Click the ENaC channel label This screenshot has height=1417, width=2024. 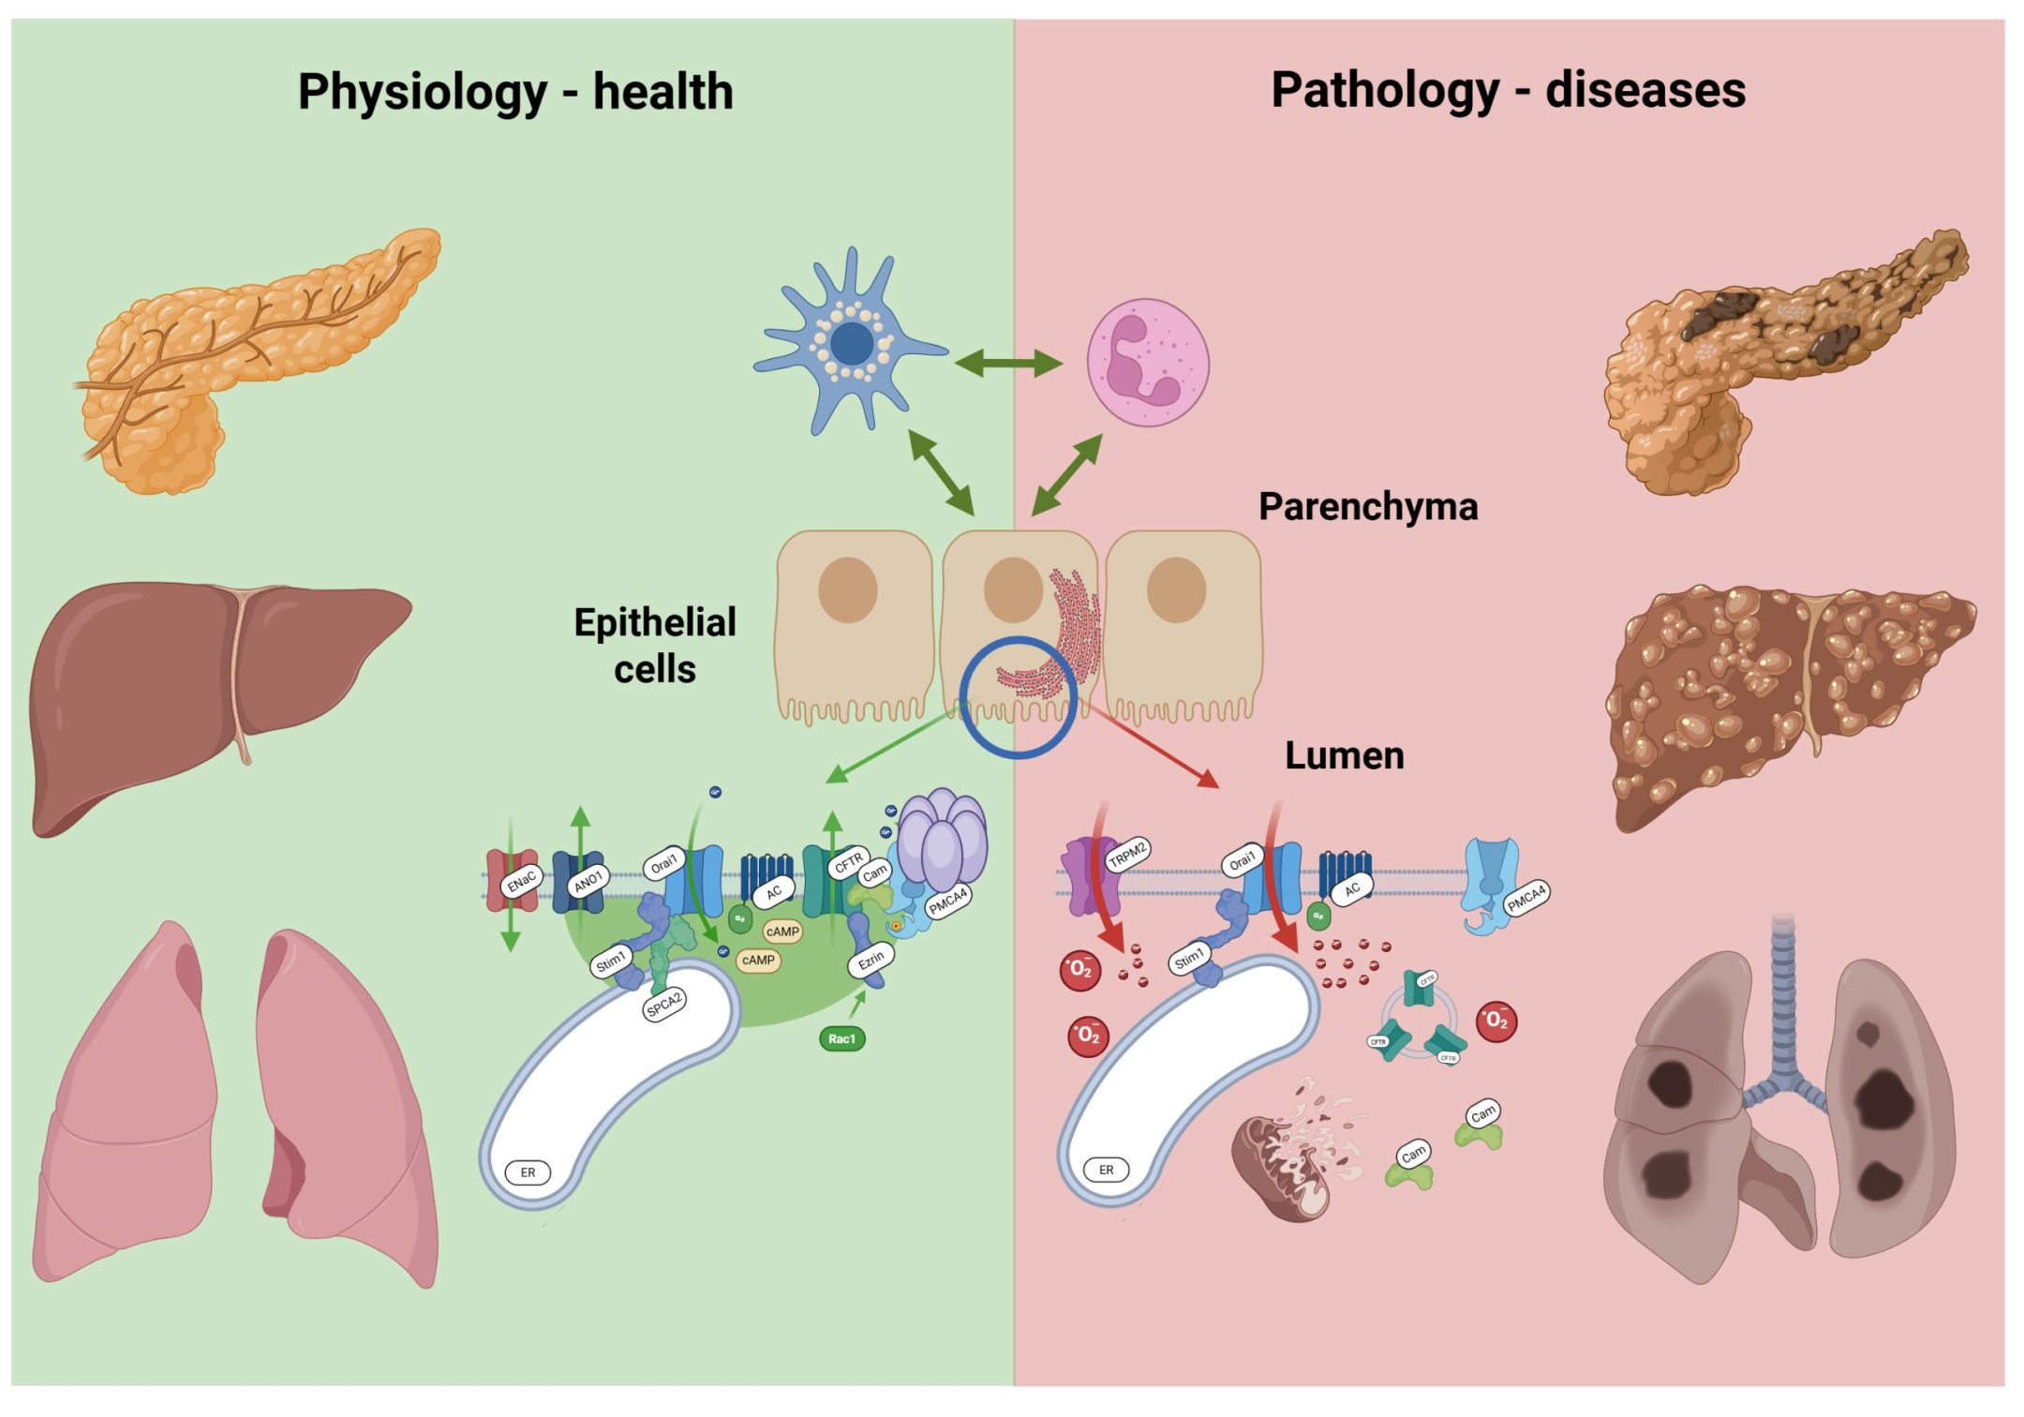pos(521,881)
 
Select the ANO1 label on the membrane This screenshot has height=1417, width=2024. pos(588,881)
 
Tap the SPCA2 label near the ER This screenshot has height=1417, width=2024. pos(664,1005)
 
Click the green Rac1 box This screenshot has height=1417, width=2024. pos(841,1038)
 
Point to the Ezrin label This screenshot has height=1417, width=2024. pos(871,961)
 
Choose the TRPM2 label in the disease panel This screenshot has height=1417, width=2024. pos(1127,855)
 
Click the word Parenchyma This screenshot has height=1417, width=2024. pos(1367,507)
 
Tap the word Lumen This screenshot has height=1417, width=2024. pos(1344,756)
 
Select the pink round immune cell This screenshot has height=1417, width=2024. pos(1147,362)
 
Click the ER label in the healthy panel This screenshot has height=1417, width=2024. pos(528,1172)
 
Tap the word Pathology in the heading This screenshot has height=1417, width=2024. pos(1384,91)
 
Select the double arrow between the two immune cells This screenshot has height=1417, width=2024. pos(1007,363)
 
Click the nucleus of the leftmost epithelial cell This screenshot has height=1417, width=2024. pos(847,589)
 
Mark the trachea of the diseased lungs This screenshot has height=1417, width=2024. pos(1782,993)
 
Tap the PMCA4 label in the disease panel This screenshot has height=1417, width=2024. pos(1525,898)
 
